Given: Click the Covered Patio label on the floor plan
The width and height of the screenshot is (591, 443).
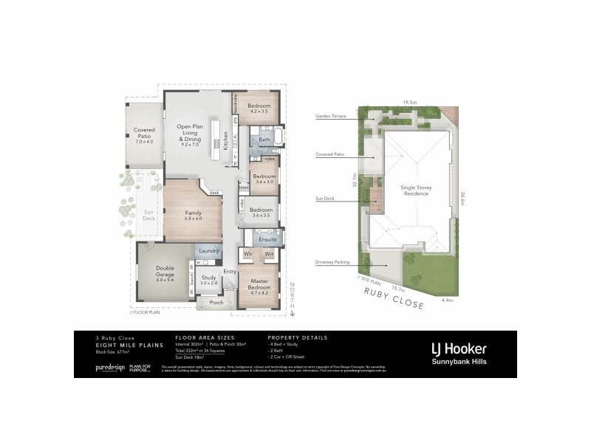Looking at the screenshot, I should point(144,135).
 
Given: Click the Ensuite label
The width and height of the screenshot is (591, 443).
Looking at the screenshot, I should point(267,239).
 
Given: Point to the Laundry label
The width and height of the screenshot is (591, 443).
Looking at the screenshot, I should point(209,251).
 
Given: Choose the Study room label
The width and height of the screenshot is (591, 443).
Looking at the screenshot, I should point(209,280).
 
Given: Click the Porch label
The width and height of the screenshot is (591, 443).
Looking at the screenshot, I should point(216,303).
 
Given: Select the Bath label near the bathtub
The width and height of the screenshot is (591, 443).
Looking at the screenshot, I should point(264,140).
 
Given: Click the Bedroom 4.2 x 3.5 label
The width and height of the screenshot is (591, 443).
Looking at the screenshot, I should point(259,108).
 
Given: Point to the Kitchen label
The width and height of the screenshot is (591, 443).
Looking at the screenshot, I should point(226,140).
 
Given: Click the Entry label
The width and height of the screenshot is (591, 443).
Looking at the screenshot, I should point(230,272).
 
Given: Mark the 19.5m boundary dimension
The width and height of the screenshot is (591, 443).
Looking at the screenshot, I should point(410,103).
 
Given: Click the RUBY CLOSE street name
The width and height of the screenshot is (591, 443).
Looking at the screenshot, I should point(393,301).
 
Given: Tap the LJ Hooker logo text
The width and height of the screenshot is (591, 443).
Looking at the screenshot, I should point(459,348).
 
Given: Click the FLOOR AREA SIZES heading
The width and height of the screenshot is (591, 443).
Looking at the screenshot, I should point(199,337).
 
